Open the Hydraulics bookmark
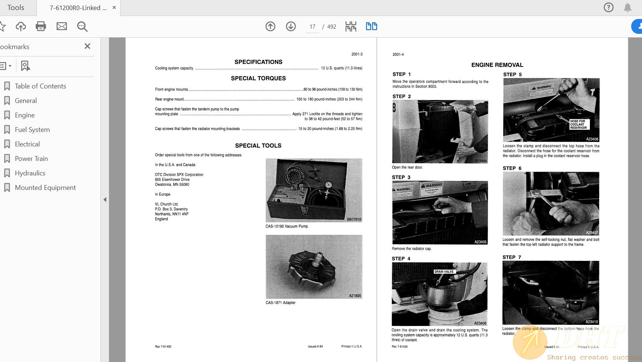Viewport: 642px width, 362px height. (x=30, y=173)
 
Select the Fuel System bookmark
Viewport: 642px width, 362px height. (x=32, y=130)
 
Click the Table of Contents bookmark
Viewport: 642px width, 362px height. (x=40, y=86)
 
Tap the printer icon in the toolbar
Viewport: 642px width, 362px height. (x=41, y=26)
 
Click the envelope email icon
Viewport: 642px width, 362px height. (x=62, y=26)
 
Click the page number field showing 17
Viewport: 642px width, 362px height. (x=312, y=27)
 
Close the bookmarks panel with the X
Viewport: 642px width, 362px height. (x=87, y=46)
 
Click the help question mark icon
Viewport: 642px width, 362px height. (x=609, y=7)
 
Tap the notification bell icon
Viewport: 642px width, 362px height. (x=627, y=7)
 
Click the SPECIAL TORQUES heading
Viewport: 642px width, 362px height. (x=258, y=78)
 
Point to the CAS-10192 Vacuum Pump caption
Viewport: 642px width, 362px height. (x=286, y=226)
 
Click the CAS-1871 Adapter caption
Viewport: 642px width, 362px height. (x=280, y=303)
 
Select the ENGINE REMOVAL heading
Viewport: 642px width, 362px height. (x=497, y=65)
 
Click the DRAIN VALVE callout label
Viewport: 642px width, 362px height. (x=444, y=272)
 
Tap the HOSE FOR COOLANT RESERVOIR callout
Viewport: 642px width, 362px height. (x=578, y=125)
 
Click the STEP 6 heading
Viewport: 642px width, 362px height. (x=512, y=168)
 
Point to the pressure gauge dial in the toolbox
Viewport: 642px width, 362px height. (x=328, y=185)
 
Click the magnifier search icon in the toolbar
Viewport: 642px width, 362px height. (x=82, y=26)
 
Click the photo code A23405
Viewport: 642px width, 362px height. (x=480, y=242)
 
